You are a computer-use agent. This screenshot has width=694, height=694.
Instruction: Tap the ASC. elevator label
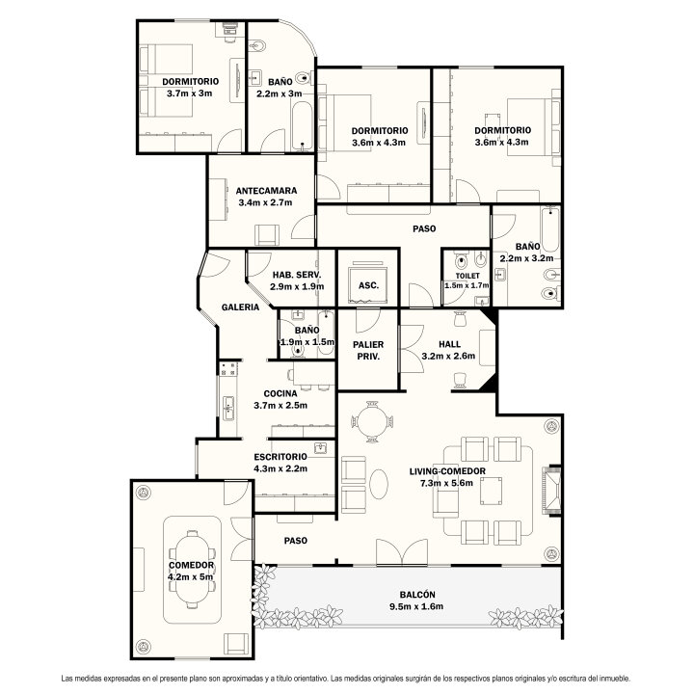point(368,285)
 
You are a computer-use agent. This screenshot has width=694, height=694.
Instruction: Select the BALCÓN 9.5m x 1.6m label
point(417,601)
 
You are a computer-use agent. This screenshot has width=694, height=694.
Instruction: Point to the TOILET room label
point(467,276)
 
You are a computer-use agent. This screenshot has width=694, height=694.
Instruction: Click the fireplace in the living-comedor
point(551,490)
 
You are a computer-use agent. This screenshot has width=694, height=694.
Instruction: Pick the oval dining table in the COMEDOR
point(193,570)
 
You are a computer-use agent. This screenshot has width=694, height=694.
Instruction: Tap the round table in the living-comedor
point(372,421)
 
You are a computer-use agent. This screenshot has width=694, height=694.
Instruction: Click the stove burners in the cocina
point(228,369)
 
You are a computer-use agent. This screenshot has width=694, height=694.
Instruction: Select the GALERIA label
point(240,307)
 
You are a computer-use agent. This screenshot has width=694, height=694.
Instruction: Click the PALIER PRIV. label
point(368,350)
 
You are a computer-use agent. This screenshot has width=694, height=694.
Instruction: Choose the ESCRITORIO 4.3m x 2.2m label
point(280,463)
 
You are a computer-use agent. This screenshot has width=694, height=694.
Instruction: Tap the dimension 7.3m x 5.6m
point(446,483)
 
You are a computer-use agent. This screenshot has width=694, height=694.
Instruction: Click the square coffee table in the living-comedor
point(492,491)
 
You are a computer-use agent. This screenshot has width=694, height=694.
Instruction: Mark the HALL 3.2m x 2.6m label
point(449,350)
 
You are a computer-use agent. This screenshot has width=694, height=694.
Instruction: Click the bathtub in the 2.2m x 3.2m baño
point(550,229)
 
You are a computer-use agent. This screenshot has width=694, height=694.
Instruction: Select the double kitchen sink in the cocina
point(228,408)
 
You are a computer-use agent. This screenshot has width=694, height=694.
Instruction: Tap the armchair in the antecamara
point(267,234)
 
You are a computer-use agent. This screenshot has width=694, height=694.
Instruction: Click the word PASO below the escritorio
point(296,541)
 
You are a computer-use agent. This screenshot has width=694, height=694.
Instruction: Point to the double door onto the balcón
point(402,552)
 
